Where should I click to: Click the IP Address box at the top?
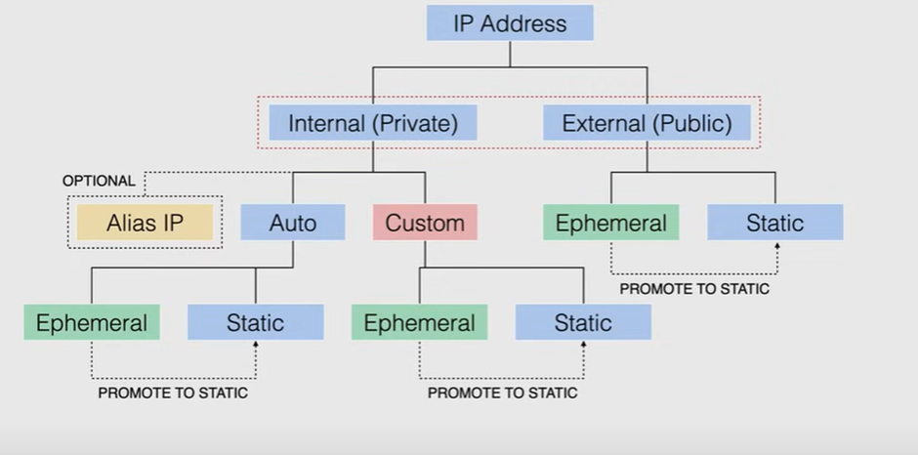click(510, 23)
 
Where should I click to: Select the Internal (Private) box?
click(372, 124)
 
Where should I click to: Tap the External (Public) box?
click(647, 124)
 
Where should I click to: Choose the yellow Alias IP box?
click(145, 223)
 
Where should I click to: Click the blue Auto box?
click(293, 223)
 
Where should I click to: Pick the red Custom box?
click(425, 223)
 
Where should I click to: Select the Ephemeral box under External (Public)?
click(611, 223)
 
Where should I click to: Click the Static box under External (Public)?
click(775, 223)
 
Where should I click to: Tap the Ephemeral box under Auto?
click(92, 322)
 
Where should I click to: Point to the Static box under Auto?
click(256, 322)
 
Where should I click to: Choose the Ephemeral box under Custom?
click(420, 322)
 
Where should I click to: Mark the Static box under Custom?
click(584, 322)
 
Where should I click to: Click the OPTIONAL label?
click(99, 181)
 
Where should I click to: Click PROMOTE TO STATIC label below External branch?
click(694, 289)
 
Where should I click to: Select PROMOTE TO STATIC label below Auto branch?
click(173, 393)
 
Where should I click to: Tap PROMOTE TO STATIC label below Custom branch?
click(502, 393)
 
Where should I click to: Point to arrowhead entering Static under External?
click(777, 246)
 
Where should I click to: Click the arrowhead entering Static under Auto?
click(256, 345)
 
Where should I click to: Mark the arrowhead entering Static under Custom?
click(584, 345)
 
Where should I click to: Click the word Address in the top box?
click(528, 23)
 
